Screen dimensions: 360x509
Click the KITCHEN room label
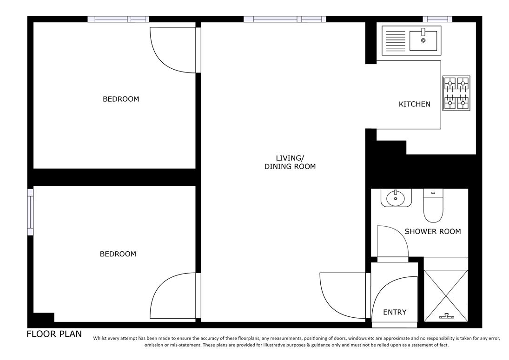[414, 104]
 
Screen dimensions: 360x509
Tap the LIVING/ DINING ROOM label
[290, 162]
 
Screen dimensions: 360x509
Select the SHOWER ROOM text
[432, 231]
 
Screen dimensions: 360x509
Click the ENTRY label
[395, 312]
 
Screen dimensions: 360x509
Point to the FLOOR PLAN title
[54, 334]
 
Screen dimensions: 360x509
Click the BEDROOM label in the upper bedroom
[121, 99]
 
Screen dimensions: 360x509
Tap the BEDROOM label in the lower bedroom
[118, 254]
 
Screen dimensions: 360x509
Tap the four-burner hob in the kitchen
[456, 93]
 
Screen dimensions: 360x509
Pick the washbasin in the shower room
[395, 198]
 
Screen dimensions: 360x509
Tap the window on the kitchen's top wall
[437, 19]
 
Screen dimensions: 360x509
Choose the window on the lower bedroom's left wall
[30, 212]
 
